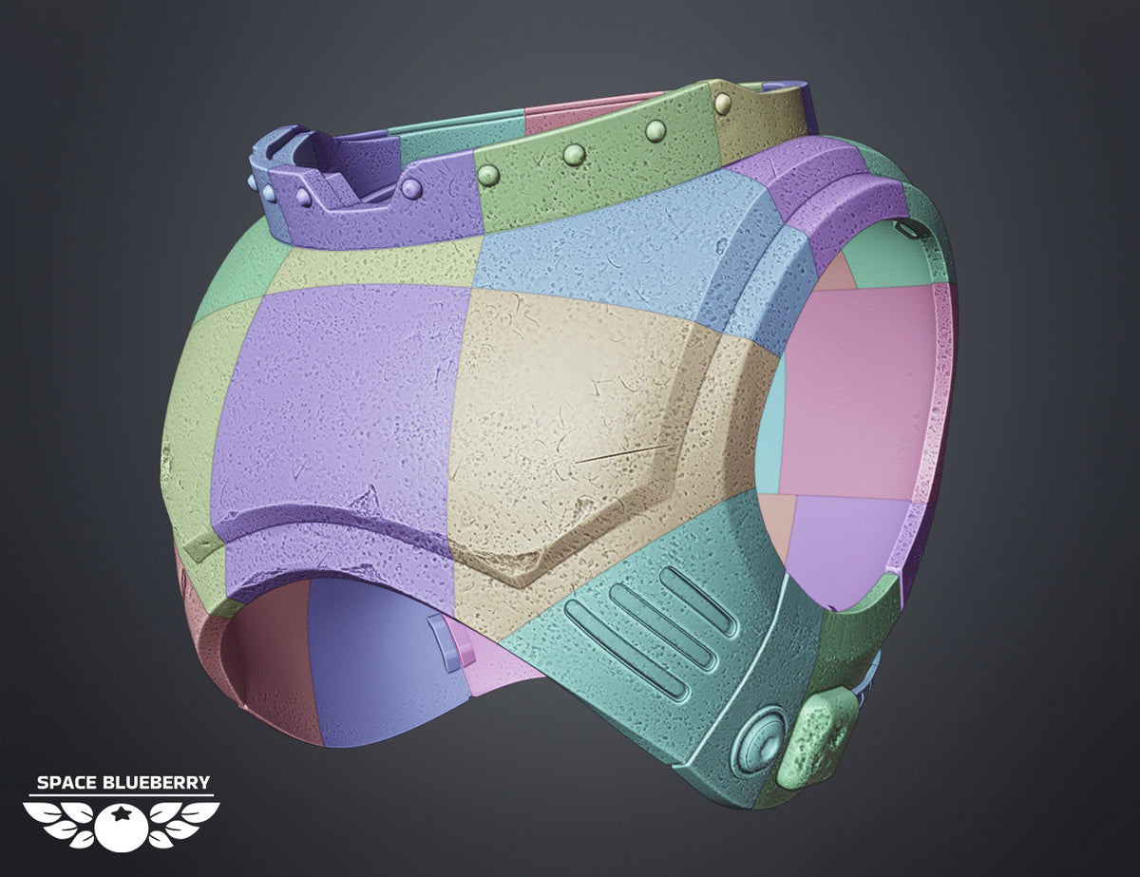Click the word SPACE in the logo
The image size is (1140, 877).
click(67, 783)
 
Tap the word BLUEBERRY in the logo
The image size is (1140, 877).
click(157, 783)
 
